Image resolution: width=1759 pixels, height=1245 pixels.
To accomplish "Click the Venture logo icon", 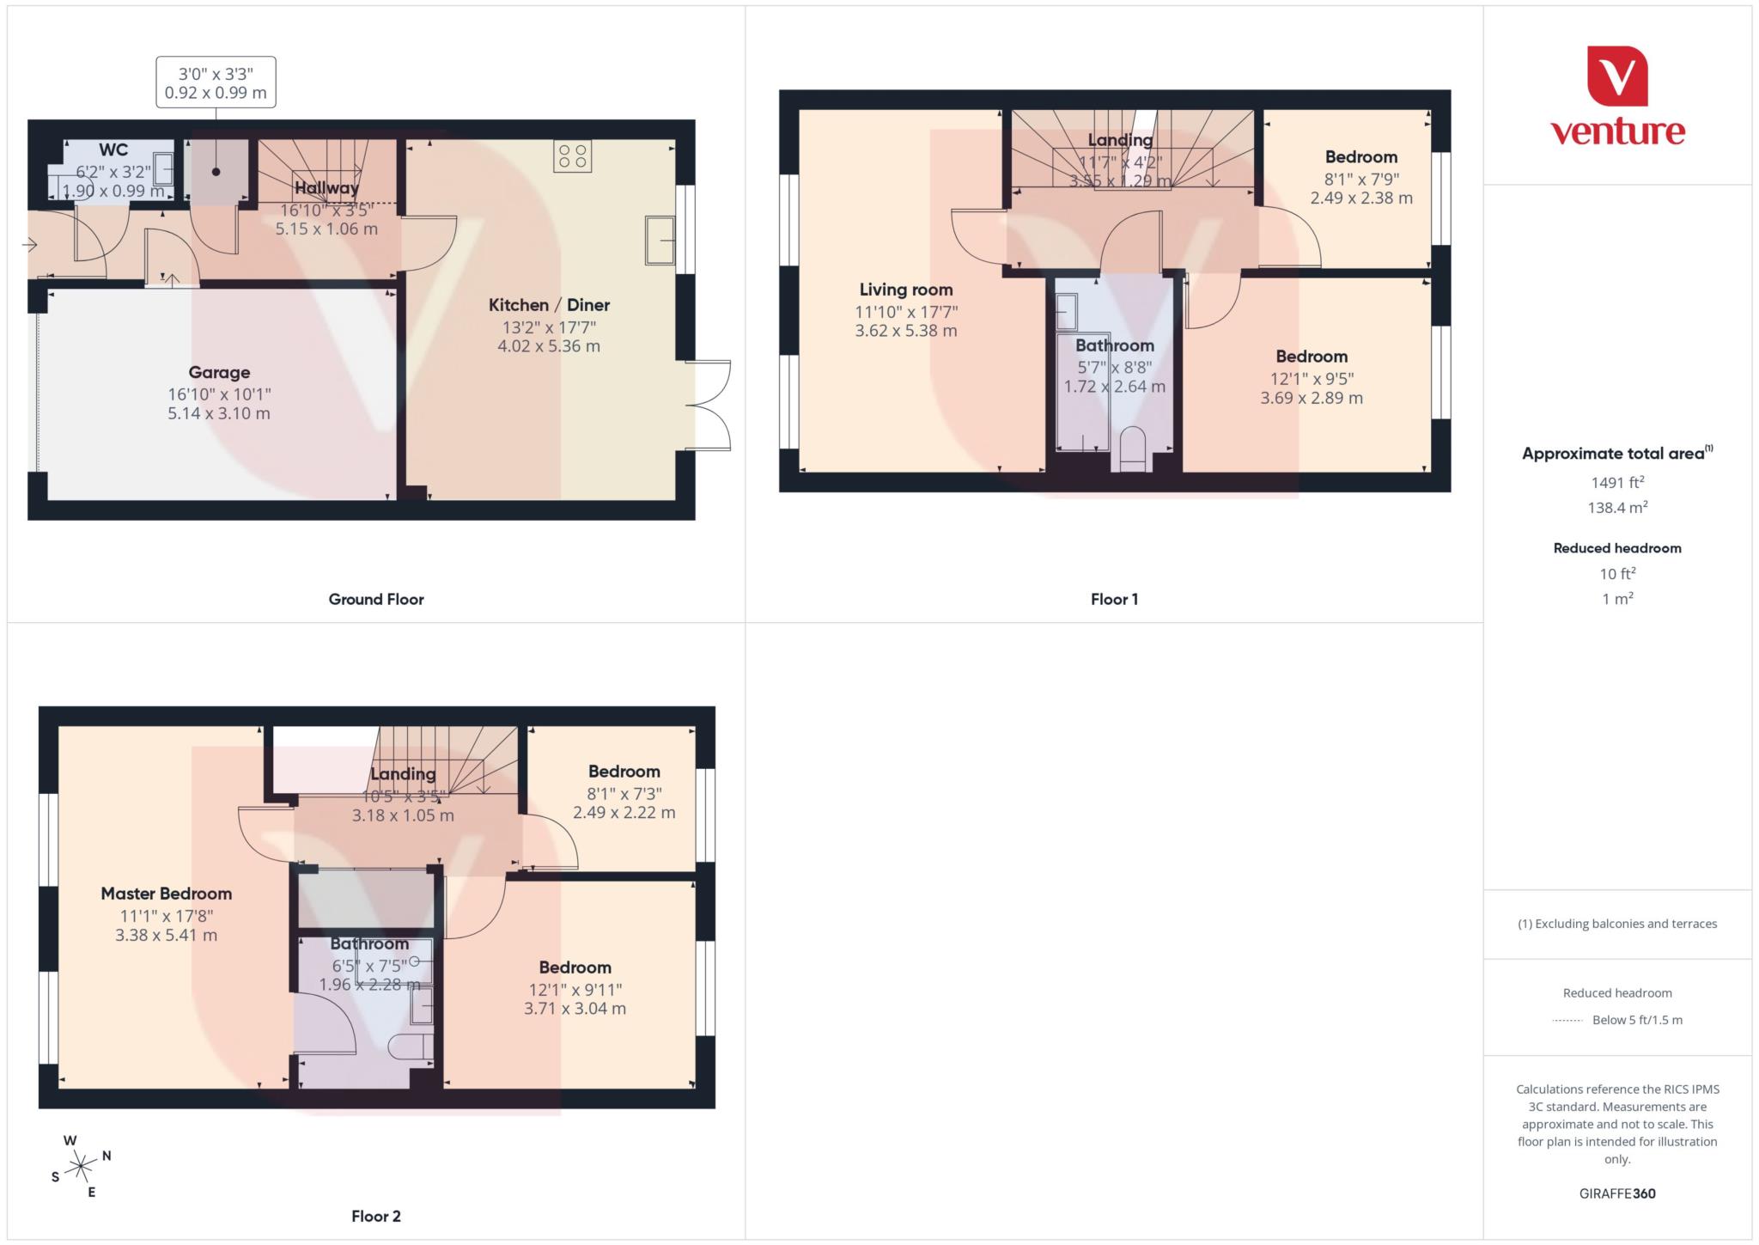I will click(x=1616, y=76).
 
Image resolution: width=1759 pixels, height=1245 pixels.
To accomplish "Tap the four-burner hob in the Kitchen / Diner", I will click(x=572, y=156).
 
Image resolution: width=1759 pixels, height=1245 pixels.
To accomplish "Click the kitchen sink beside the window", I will click(x=660, y=241).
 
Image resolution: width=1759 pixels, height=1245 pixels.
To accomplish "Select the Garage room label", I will click(x=219, y=372).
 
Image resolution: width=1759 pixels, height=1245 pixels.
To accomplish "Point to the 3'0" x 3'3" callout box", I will click(x=216, y=82).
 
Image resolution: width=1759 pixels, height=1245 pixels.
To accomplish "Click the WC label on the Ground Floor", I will click(x=113, y=150).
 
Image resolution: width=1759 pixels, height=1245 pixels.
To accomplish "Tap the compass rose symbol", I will click(x=81, y=1166).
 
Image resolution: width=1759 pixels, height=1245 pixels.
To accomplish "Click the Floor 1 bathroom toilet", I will click(x=1132, y=448).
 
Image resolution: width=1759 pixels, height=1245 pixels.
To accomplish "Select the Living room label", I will click(x=906, y=290).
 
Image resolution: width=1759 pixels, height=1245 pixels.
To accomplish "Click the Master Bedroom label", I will click(x=166, y=894).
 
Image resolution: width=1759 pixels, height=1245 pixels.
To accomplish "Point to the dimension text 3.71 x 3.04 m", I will click(x=575, y=1009).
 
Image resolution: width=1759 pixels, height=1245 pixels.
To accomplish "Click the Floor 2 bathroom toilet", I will click(x=410, y=1047).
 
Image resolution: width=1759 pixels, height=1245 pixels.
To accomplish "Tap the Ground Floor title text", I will click(x=376, y=600).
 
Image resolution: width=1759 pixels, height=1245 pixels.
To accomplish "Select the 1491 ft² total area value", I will click(x=1616, y=482).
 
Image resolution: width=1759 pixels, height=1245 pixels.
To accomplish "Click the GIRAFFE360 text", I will click(x=1616, y=1193).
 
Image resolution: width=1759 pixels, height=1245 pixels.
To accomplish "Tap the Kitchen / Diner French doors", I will click(x=711, y=406).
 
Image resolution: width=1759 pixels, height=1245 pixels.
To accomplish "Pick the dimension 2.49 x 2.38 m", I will click(x=1360, y=198).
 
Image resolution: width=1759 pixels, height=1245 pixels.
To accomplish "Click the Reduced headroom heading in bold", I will click(x=1616, y=548).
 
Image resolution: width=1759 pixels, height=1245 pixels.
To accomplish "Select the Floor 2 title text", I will click(x=376, y=1216).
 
